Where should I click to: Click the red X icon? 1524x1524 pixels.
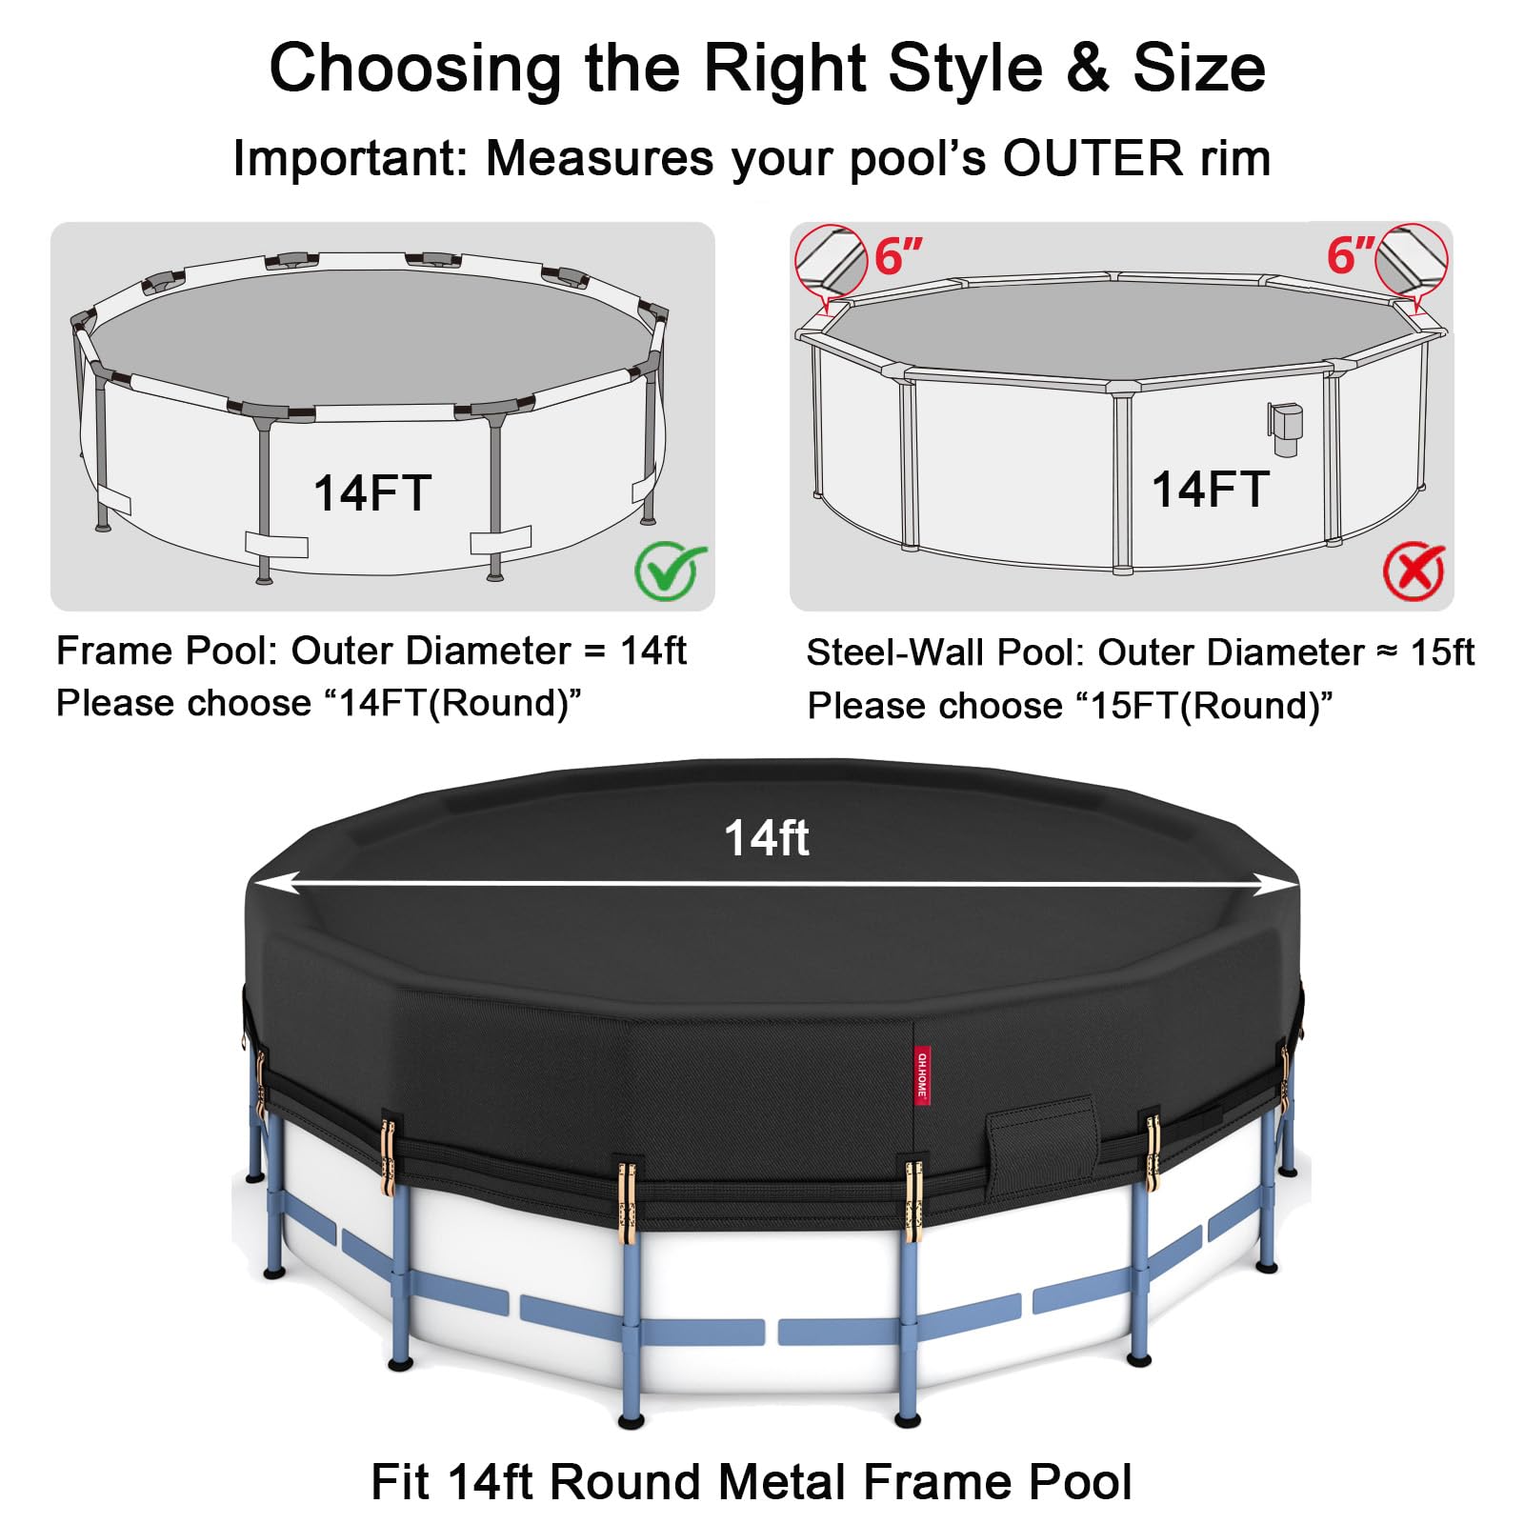tap(1414, 571)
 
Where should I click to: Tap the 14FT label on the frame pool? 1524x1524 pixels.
tap(372, 493)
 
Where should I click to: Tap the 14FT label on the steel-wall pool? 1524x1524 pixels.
tap(1210, 490)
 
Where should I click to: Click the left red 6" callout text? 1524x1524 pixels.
tap(899, 255)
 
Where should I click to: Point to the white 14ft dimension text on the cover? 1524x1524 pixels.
tap(767, 838)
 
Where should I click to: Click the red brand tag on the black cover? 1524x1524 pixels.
tap(922, 1076)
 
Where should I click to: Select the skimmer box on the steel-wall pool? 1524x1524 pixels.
tap(1284, 427)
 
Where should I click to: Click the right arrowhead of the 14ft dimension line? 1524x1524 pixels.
tap(1273, 885)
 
